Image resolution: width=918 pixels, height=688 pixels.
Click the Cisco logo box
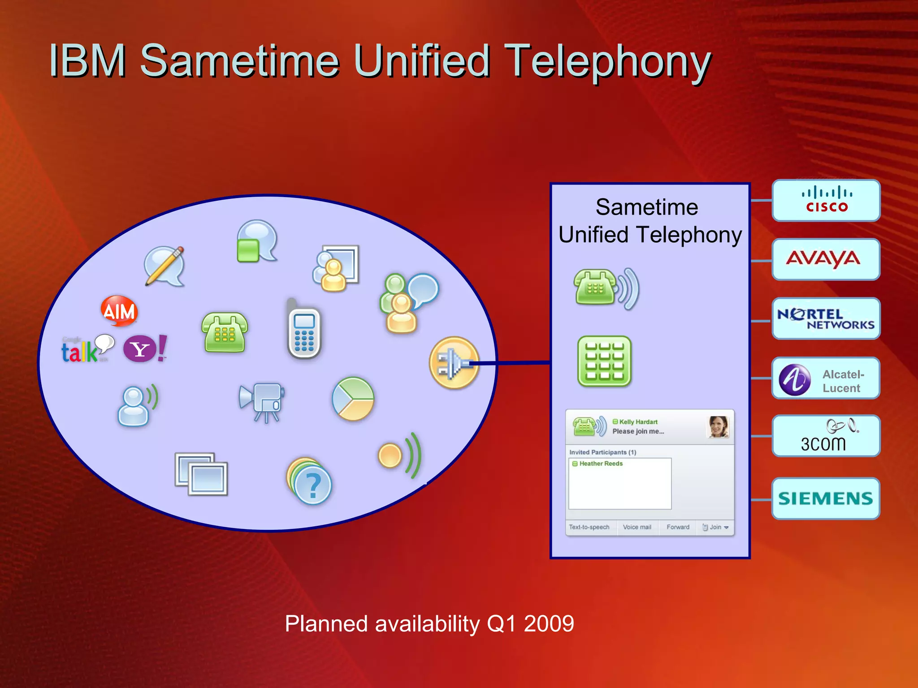pyautogui.click(x=826, y=201)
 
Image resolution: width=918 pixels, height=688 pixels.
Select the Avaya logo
pyautogui.click(x=826, y=259)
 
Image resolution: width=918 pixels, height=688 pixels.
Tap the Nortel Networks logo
pyautogui.click(x=826, y=318)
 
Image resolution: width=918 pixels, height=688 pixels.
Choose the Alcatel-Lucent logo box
pyautogui.click(x=826, y=378)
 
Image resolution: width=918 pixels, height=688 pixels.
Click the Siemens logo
pyautogui.click(x=826, y=499)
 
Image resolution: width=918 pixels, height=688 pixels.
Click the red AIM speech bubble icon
pyautogui.click(x=119, y=310)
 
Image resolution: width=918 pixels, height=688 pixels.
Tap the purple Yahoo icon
pyautogui.click(x=140, y=349)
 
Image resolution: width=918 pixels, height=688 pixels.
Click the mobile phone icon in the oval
pyautogui.click(x=304, y=331)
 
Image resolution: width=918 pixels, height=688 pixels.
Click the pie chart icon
pyautogui.click(x=353, y=399)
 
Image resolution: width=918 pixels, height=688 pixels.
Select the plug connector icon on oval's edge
pyautogui.click(x=454, y=362)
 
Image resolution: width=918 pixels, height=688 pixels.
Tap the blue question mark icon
pyautogui.click(x=312, y=485)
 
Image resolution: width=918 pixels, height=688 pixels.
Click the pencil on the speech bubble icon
pyautogui.click(x=165, y=266)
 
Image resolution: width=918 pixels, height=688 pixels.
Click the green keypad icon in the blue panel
pyautogui.click(x=604, y=361)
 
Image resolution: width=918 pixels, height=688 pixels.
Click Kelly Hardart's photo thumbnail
pyautogui.click(x=718, y=427)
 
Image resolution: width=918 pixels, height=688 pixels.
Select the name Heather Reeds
pyautogui.click(x=601, y=464)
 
